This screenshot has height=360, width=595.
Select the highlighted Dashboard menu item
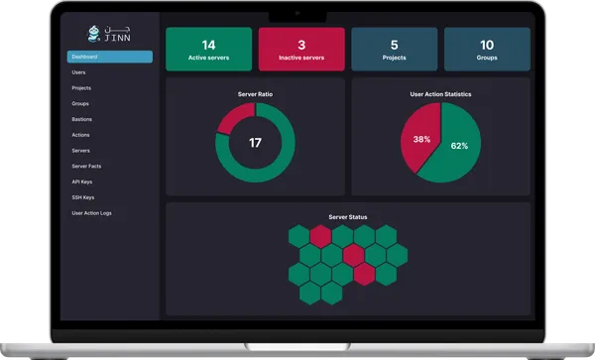[x=109, y=58]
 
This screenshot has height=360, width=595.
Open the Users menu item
[x=78, y=72]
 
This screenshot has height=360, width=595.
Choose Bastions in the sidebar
[x=81, y=119]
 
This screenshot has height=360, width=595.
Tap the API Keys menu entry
[x=82, y=181]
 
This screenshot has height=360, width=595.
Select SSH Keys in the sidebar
[x=82, y=197]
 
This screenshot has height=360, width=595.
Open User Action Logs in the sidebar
[x=91, y=213]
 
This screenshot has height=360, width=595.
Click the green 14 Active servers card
[x=208, y=50]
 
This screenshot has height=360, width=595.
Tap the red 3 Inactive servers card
[x=301, y=50]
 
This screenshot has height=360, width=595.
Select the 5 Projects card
[x=394, y=50]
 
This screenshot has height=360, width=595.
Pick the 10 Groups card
[x=486, y=50]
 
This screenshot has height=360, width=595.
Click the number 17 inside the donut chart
[x=255, y=143]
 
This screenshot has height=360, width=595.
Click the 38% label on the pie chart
[x=421, y=139]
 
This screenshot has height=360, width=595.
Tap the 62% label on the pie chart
[x=459, y=146]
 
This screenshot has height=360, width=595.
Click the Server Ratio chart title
[x=255, y=93]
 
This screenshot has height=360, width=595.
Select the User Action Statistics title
[x=440, y=94]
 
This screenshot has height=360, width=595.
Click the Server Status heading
[x=347, y=216]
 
